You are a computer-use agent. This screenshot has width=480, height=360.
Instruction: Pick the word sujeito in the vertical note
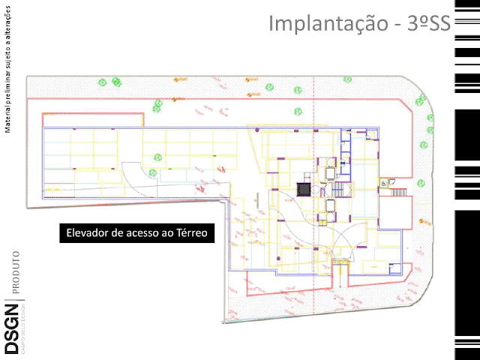(x=7, y=64)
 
